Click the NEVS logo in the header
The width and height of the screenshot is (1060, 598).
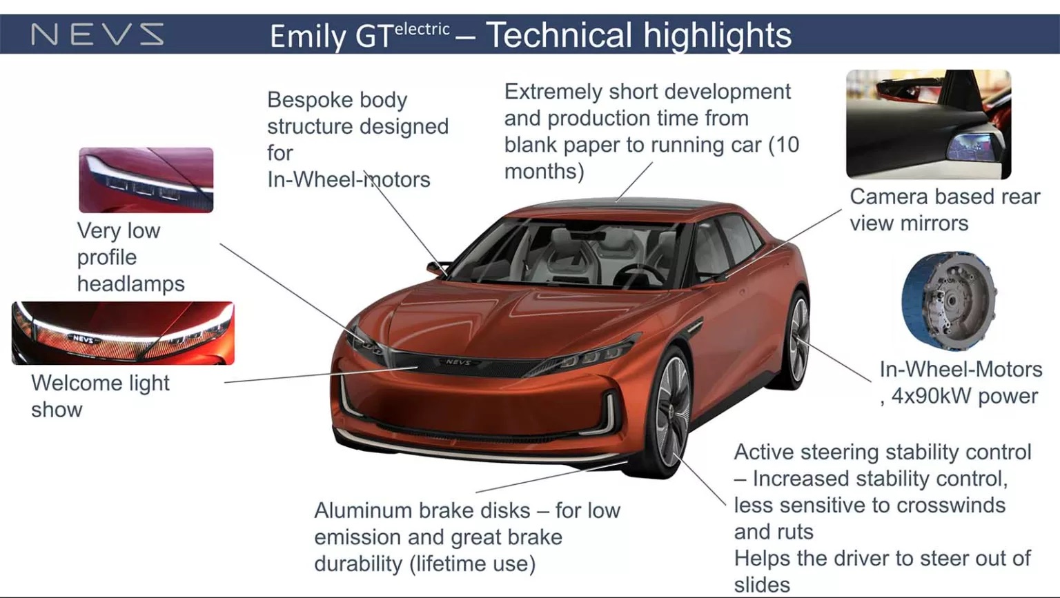pyautogui.click(x=97, y=34)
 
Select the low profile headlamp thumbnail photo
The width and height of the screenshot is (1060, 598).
pyautogui.click(x=146, y=179)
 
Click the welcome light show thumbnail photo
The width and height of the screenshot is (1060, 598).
pyautogui.click(x=123, y=332)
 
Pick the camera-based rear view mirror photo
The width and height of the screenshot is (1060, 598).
pyautogui.click(x=928, y=124)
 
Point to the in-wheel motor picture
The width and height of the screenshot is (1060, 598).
pyautogui.click(x=949, y=301)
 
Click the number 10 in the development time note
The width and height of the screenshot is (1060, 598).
pyautogui.click(x=787, y=145)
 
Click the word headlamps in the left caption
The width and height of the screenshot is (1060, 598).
pyautogui.click(x=130, y=283)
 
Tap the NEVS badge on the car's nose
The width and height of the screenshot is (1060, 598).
pyautogui.click(x=458, y=361)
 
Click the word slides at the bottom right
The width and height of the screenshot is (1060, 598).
pyautogui.click(x=762, y=585)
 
